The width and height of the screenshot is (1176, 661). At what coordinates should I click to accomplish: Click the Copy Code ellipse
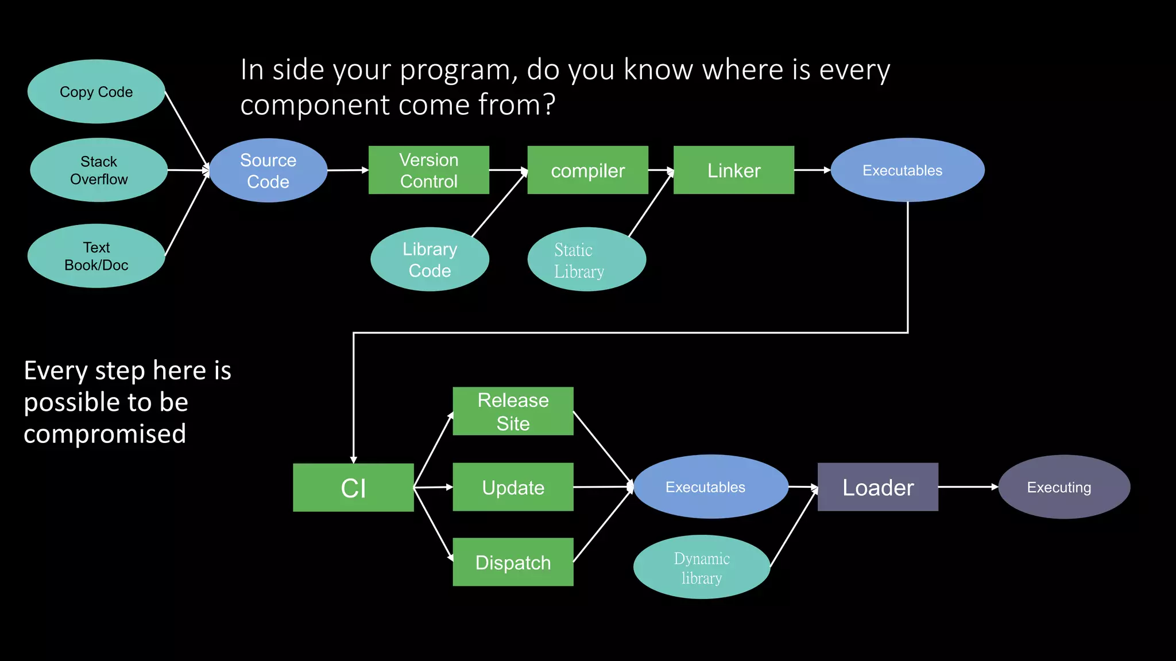[96, 92]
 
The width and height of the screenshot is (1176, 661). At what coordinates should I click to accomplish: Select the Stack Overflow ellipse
[99, 170]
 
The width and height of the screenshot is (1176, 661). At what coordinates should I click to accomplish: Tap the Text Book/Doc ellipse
[96, 256]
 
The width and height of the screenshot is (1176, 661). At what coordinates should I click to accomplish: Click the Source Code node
[268, 170]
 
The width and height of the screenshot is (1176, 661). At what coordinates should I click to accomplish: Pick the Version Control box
[428, 170]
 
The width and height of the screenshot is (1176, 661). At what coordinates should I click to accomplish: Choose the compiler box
[587, 170]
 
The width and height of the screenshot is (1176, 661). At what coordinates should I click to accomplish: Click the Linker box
[733, 170]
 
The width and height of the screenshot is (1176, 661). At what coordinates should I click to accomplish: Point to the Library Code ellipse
[430, 259]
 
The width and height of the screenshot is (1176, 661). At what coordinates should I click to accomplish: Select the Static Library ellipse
[586, 259]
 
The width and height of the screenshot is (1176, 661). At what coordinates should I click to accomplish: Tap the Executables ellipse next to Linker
[907, 170]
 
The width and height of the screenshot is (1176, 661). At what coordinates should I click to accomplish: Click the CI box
[353, 488]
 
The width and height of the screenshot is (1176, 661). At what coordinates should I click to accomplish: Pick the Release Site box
[513, 411]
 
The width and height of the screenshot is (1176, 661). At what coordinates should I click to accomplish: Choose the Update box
[513, 487]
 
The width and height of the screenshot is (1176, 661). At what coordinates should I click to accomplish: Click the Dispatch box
[513, 562]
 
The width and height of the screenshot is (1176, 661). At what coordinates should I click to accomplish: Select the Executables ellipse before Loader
[710, 487]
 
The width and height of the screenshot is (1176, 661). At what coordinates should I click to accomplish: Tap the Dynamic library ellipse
[701, 567]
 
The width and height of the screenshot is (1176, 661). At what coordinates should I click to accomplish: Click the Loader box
[877, 487]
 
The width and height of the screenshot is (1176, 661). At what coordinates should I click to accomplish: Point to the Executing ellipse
[1064, 487]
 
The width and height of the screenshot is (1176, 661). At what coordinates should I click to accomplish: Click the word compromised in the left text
[105, 434]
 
